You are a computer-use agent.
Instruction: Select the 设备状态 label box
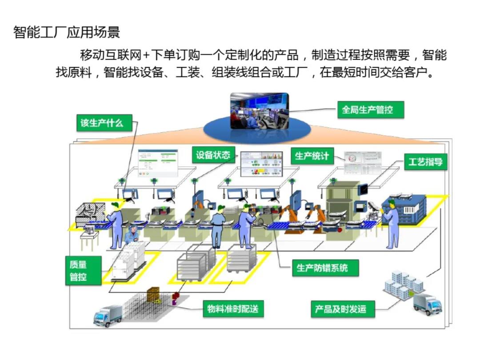click(213, 155)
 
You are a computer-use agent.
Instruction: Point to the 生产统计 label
click(312, 156)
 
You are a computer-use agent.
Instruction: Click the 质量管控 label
click(78, 271)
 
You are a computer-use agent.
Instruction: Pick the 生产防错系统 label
click(322, 268)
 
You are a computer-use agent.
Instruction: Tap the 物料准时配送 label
click(232, 308)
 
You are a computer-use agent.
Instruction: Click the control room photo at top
click(259, 111)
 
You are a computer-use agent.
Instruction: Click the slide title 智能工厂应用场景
click(67, 32)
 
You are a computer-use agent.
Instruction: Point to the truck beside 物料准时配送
click(108, 315)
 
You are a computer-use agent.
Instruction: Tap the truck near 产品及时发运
click(427, 304)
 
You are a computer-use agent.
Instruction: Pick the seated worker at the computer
click(131, 236)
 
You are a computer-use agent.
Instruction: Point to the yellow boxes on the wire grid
click(153, 295)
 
